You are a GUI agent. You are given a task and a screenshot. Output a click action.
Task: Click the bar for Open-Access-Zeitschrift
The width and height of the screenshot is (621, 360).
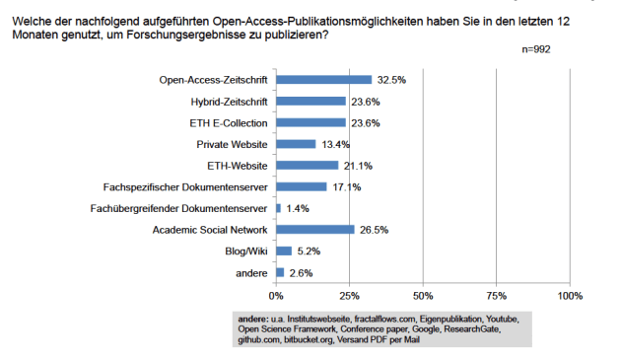point(323,79)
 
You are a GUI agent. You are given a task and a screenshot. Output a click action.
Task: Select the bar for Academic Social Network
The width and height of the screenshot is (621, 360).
point(314,230)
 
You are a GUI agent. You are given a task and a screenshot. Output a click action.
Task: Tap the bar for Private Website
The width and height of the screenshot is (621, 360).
point(296,144)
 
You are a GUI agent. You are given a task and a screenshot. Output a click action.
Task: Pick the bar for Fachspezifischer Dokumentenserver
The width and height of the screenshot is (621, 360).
point(301,186)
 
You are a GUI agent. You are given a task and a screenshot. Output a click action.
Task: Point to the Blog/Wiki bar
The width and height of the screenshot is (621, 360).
point(284,251)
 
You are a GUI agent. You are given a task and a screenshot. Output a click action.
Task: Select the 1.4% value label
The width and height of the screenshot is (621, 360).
point(299,208)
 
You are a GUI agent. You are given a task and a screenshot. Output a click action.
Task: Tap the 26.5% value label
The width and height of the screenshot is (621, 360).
point(372,230)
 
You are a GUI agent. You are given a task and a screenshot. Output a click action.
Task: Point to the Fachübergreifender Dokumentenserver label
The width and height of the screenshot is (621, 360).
point(184,208)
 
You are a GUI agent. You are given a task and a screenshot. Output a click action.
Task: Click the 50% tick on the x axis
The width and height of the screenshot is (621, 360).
point(423,295)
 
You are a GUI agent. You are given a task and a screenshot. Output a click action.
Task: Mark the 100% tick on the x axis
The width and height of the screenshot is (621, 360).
point(570,295)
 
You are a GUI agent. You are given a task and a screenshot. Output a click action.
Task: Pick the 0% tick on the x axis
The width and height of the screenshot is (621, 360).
point(276,295)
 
